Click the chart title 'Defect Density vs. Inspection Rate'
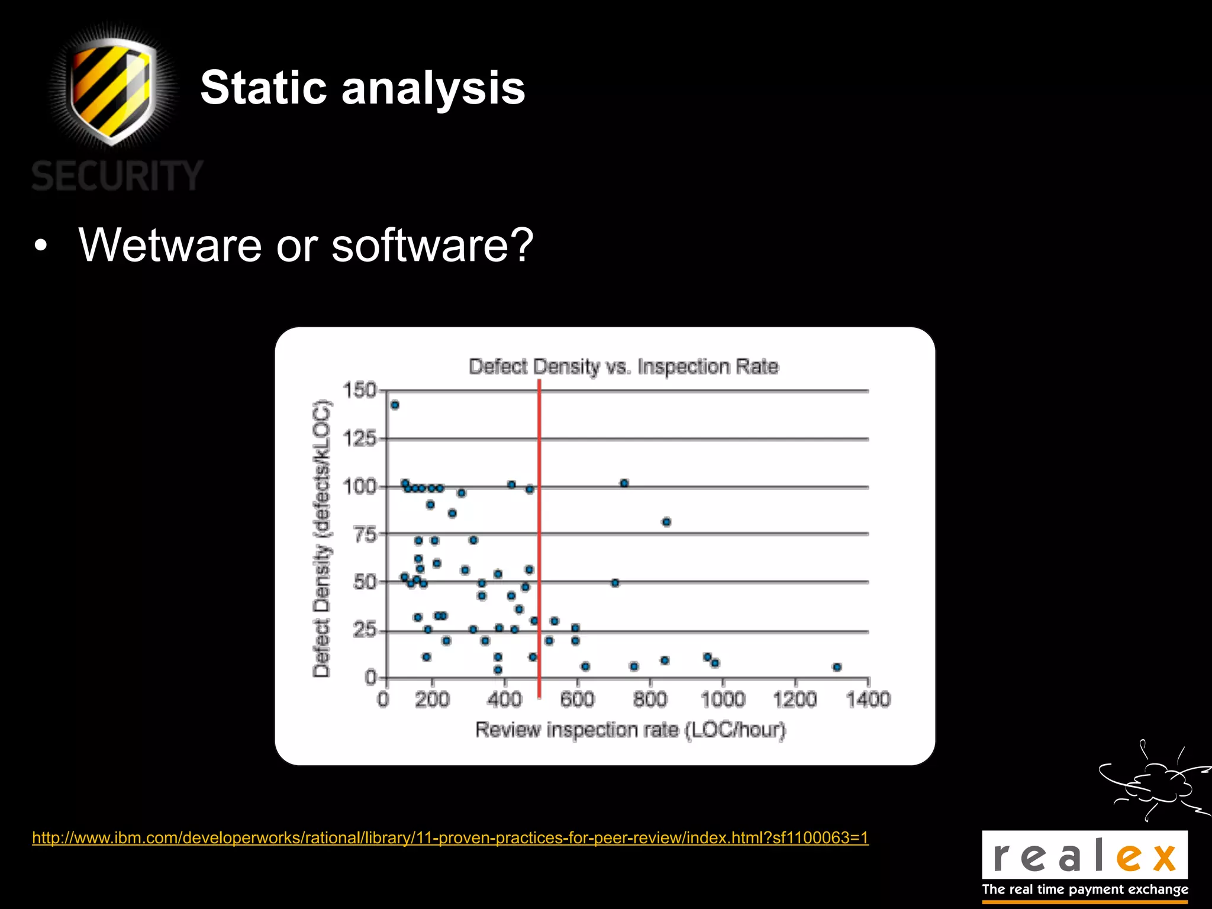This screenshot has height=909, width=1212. point(623,367)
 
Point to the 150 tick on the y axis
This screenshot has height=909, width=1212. point(359,391)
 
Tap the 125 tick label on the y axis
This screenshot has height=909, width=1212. point(359,439)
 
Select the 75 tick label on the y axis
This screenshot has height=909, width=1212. point(365,534)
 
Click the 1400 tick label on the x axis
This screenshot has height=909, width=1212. point(868,700)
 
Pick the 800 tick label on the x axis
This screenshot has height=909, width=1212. point(650,700)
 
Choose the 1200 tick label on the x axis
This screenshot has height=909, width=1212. point(795,700)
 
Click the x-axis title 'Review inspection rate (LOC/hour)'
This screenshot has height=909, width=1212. point(630,730)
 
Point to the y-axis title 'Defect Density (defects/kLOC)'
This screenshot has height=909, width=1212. point(321,539)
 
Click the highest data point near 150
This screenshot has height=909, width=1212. point(395,405)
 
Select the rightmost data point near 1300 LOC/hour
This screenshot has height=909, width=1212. point(837,667)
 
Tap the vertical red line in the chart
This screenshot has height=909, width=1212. point(539,533)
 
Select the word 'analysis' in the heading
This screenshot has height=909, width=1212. point(433,89)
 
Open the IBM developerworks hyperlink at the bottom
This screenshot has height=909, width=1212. point(450,838)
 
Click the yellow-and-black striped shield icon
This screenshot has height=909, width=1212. point(112,89)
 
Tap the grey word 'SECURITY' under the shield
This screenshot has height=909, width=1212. point(117,176)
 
